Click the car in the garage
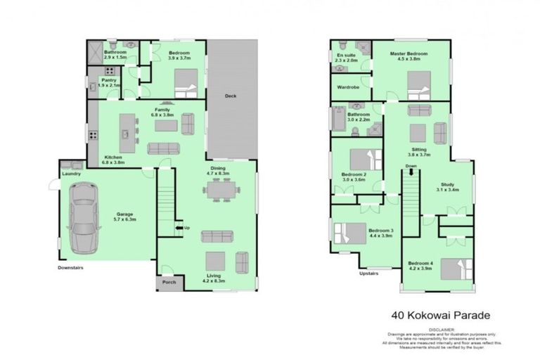click(84, 209)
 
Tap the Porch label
click(169, 283)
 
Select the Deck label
click(230, 96)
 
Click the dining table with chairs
click(220, 189)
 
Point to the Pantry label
click(109, 81)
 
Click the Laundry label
click(71, 173)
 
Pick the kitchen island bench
click(127, 127)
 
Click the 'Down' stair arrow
click(410, 171)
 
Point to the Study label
click(447, 184)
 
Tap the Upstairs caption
click(369, 273)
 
